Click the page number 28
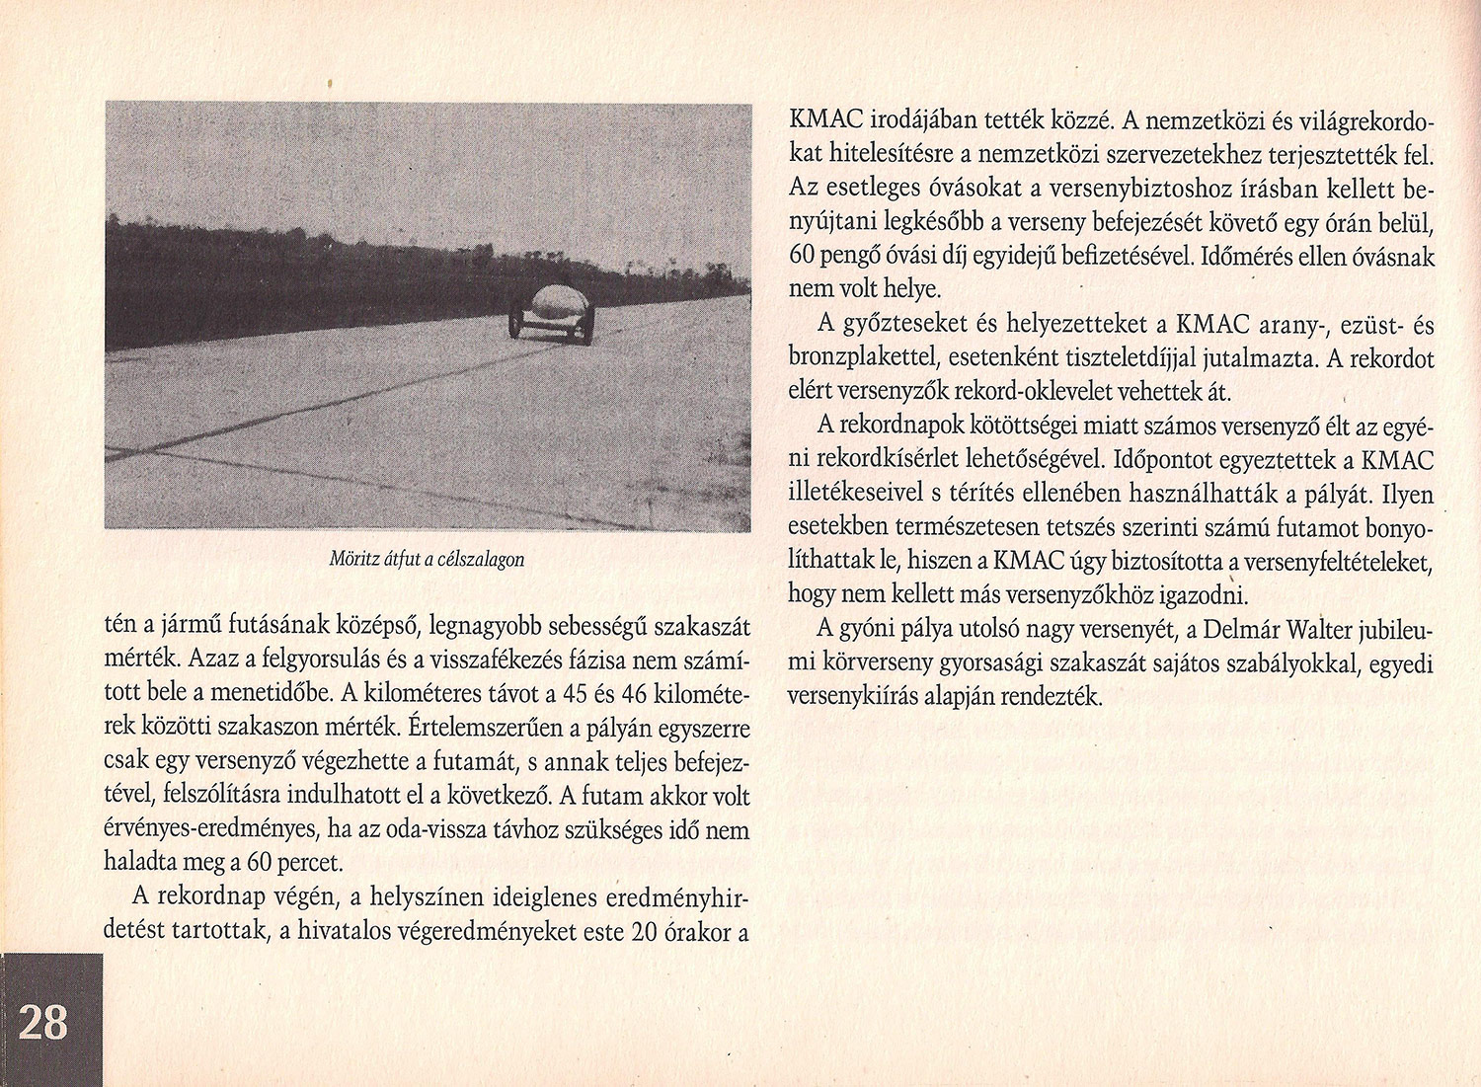[43, 1022]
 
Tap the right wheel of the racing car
[587, 327]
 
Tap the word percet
[310, 863]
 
